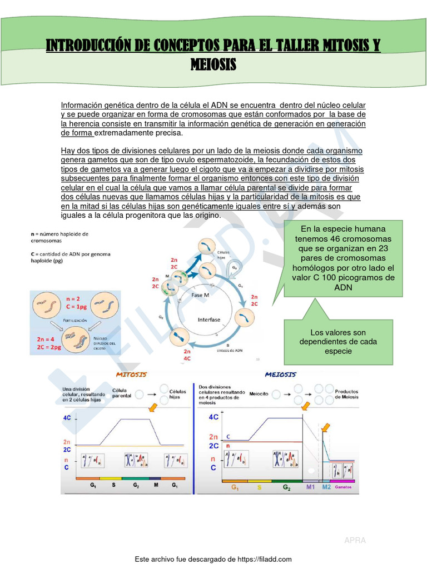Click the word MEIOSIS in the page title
click(213, 64)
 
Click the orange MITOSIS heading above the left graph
click(131, 375)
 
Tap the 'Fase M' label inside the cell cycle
click(201, 295)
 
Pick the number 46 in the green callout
click(342, 238)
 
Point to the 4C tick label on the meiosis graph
click(213, 416)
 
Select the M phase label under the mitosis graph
click(156, 485)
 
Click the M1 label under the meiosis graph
click(310, 487)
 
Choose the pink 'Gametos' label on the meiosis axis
click(343, 487)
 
